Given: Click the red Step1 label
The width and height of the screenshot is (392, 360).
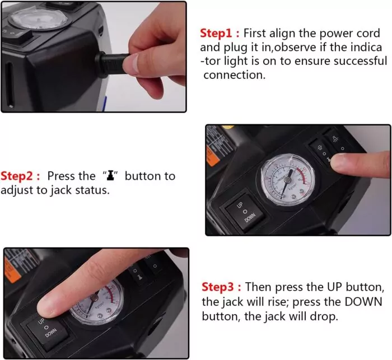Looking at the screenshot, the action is [x=216, y=33].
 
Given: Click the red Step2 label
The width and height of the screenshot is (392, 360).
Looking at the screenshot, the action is [x=17, y=176].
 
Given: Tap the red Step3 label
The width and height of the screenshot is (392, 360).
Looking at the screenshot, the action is [x=218, y=287].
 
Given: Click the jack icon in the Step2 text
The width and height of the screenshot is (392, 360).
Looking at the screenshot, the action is [x=110, y=175].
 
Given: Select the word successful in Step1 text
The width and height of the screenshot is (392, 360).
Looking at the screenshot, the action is [x=361, y=61].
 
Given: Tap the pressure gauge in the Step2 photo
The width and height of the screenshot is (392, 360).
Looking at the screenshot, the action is [x=287, y=180].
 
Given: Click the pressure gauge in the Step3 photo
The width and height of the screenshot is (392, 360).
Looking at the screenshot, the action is [x=97, y=302].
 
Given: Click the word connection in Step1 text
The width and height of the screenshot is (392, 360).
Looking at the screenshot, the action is [x=234, y=75].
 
